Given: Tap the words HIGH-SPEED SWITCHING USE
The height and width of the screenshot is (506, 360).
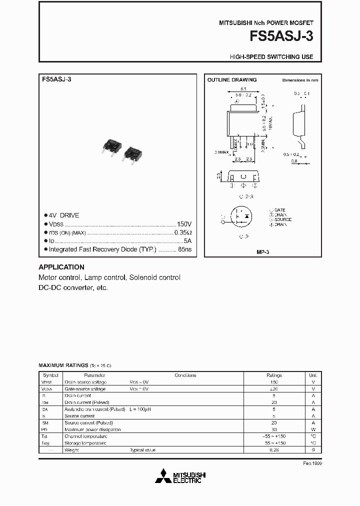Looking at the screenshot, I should click(x=271, y=57).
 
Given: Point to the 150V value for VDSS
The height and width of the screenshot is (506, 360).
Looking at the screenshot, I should click(x=184, y=224).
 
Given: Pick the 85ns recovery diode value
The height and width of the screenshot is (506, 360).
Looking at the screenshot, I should click(x=185, y=249).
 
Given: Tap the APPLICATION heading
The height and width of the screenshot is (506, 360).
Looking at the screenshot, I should click(x=61, y=267).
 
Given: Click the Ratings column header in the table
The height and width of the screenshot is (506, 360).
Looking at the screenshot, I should click(x=274, y=375).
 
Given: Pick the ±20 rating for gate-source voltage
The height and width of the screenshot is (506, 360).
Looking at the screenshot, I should click(x=274, y=388).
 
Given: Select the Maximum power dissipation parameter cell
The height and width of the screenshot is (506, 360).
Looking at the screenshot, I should click(x=92, y=429).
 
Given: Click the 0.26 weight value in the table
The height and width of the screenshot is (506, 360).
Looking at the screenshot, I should click(x=274, y=450).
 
